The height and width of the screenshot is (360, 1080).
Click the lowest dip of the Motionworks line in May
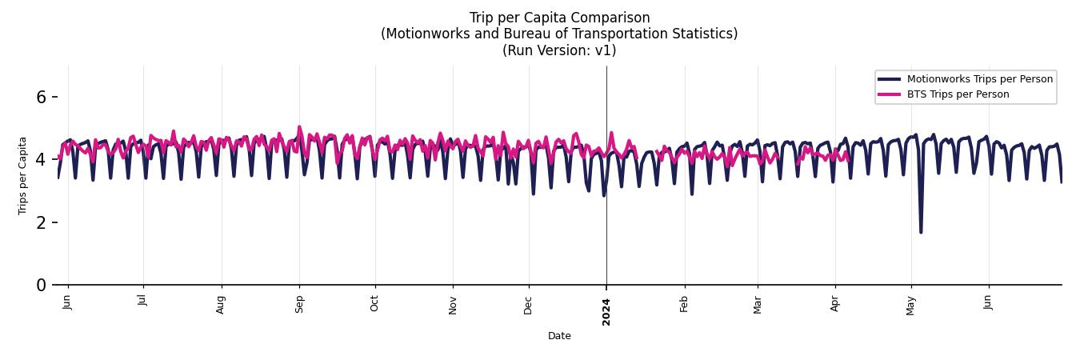coord(921,232)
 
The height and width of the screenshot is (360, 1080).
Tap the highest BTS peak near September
coord(299,127)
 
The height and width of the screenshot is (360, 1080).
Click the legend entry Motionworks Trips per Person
coord(979,79)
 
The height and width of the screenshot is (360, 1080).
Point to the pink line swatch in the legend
coord(889,94)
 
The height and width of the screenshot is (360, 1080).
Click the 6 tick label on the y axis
coord(42,97)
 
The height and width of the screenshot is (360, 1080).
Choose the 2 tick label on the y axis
coord(42,222)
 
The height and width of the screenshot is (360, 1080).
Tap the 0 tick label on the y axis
coord(42,286)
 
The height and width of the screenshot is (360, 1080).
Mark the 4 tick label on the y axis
coord(42,160)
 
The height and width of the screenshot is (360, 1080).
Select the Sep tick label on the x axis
coord(299,304)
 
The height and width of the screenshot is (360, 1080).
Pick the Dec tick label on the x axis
coord(528,305)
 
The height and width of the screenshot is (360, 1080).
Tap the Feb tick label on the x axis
coord(684,304)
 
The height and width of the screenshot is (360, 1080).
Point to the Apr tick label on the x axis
coord(835,304)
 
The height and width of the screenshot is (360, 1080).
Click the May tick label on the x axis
coord(910,305)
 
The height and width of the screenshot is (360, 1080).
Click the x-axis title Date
coord(559,336)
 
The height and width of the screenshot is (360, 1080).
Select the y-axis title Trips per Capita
coord(23,175)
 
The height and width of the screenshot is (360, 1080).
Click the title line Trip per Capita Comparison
coord(559,18)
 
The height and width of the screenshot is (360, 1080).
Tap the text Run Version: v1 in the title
coord(559,50)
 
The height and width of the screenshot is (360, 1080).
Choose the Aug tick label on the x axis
coord(222,304)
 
